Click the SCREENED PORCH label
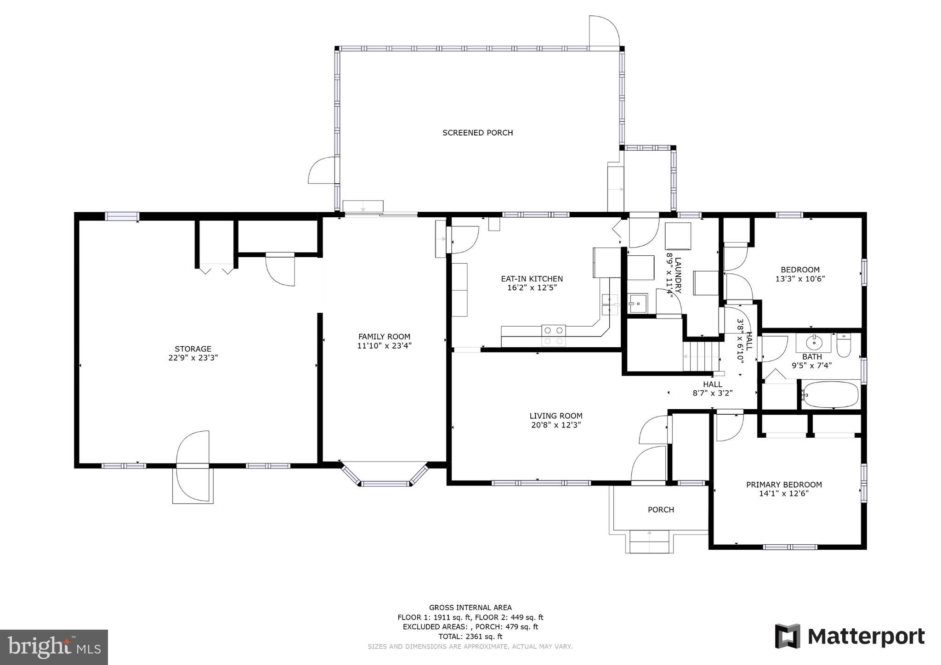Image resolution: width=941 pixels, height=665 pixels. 477,133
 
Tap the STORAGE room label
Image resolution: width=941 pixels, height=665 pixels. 193,349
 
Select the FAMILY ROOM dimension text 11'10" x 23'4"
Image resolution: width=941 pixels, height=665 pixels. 384,346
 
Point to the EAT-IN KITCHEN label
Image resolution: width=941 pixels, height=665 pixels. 532,279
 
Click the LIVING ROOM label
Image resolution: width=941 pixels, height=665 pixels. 556,416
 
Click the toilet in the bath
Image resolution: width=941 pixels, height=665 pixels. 844,345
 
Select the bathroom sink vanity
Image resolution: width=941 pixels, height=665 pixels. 814,343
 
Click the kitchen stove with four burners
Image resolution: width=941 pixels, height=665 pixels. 553,335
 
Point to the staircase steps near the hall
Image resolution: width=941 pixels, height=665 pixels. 700,356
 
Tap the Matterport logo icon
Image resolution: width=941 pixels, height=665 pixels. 788,636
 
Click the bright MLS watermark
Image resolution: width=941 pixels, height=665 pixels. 54,647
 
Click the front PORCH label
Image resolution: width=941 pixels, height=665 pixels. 661,510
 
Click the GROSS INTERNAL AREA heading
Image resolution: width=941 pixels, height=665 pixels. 470,608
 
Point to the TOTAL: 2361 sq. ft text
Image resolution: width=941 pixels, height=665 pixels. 470,637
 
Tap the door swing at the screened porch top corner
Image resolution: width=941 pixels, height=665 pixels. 604,31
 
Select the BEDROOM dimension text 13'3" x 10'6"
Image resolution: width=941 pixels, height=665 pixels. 800,279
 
